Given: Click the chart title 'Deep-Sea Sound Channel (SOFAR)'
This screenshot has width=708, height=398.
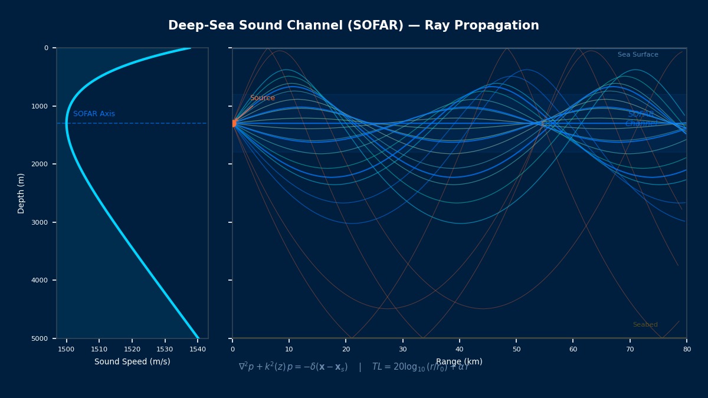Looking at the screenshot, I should pyautogui.click(x=353, y=26).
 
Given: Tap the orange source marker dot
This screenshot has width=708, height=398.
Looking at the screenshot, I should pyautogui.click(x=233, y=123).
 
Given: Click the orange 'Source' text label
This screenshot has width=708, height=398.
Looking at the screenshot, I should pyautogui.click(x=262, y=98).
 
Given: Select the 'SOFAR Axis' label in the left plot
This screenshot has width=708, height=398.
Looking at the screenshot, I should pyautogui.click(x=94, y=114).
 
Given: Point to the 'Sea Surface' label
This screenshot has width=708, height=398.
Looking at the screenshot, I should pyautogui.click(x=638, y=55).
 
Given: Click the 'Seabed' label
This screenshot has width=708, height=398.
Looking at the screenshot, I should pyautogui.click(x=645, y=325).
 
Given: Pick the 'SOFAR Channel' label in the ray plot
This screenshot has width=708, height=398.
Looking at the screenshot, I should pyautogui.click(x=641, y=119).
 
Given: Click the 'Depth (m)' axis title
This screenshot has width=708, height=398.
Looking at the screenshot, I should pyautogui.click(x=21, y=193).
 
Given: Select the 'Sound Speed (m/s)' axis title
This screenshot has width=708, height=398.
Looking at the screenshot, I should pyautogui.click(x=132, y=362).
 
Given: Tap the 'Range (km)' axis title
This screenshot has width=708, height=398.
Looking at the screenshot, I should pyautogui.click(x=459, y=362).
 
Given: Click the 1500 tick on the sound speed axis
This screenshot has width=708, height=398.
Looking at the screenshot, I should pyautogui.click(x=67, y=350).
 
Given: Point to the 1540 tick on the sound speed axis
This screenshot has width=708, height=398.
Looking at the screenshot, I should pyautogui.click(x=198, y=350).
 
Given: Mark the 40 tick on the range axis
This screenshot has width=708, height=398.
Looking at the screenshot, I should pyautogui.click(x=460, y=350).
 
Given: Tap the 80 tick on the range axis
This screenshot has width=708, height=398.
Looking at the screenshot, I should pyautogui.click(x=687, y=350).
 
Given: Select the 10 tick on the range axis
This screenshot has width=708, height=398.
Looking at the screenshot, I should pyautogui.click(x=289, y=350).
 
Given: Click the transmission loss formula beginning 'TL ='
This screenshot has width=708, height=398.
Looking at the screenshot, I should pyautogui.click(x=420, y=367).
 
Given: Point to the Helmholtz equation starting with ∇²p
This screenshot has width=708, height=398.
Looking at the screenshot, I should pyautogui.click(x=293, y=367).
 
